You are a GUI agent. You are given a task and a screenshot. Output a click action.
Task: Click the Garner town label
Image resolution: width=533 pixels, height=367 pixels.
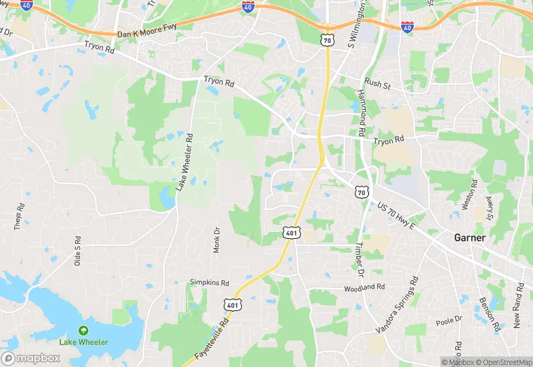[470, 237]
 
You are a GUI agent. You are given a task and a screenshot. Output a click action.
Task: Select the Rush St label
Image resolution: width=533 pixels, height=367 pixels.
[377, 83]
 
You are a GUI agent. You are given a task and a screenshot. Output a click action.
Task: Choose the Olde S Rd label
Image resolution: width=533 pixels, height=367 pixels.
[78, 250]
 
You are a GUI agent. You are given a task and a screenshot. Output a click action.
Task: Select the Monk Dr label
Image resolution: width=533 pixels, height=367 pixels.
[217, 240]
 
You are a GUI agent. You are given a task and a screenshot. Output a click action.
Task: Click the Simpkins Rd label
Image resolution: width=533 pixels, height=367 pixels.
[210, 282]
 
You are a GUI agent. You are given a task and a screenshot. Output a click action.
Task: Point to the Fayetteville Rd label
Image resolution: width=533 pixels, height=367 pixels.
[216, 338]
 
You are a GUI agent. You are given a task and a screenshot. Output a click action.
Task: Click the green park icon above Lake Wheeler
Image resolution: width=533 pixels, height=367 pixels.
[83, 330]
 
